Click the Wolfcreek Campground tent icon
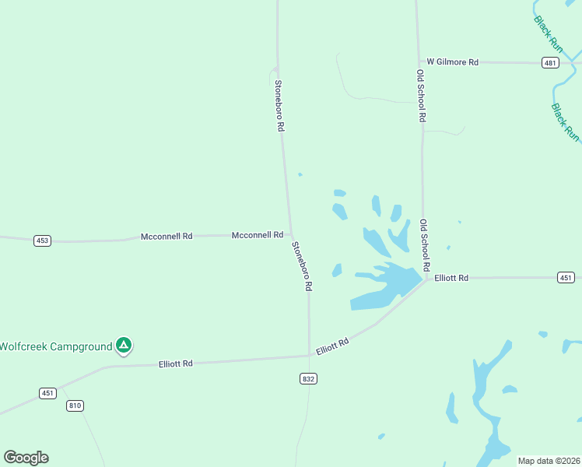tap(123, 345)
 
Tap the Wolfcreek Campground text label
tap(56, 346)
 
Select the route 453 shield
tap(42, 241)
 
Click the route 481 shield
tap(550, 63)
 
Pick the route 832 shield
tap(308, 378)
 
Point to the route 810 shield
tap(75, 406)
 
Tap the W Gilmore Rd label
tap(452, 61)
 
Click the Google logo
tap(26, 458)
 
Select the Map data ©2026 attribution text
tap(549, 461)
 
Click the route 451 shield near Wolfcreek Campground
tap(47, 393)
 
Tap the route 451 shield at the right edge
tap(566, 278)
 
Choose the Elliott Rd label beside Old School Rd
tap(451, 278)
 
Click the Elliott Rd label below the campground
tap(175, 363)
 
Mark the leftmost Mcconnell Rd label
tap(166, 236)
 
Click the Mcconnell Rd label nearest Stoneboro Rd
tap(257, 234)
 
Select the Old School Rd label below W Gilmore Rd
tap(421, 96)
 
